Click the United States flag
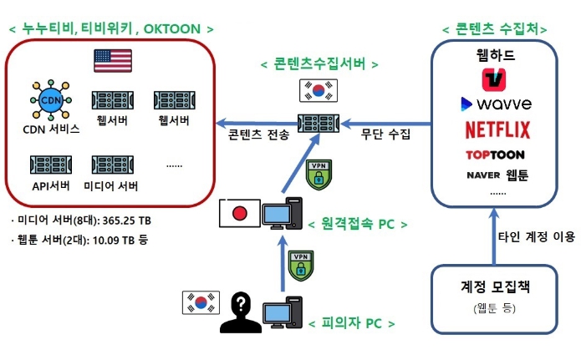113,61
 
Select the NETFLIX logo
497,129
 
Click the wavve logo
496,104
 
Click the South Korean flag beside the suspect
200,302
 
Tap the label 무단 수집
385,134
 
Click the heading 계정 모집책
497,286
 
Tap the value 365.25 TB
124,221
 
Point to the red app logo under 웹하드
497,79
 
